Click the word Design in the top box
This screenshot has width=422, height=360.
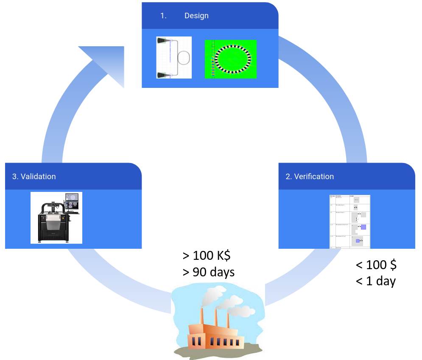point(196,16)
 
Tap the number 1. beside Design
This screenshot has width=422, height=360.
point(163,16)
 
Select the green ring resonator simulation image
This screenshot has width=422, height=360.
point(231,59)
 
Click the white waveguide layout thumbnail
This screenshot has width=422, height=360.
point(174,57)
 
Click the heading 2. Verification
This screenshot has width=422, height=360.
point(310,177)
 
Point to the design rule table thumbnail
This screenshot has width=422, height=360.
point(350,221)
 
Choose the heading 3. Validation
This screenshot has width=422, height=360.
point(34,177)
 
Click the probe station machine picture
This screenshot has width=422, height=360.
point(56,217)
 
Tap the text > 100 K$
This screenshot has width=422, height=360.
point(207,256)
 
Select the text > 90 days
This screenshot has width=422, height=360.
point(209,272)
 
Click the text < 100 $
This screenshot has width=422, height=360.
point(376,265)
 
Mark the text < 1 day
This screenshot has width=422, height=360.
point(376,281)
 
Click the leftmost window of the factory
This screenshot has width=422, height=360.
point(194,341)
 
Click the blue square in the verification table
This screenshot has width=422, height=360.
point(363,227)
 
